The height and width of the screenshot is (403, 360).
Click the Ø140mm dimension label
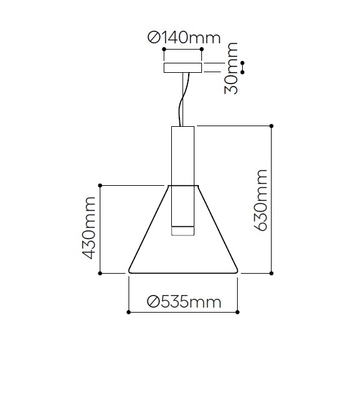pyautogui.click(x=184, y=38)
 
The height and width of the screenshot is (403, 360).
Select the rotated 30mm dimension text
pyautogui.click(x=233, y=68)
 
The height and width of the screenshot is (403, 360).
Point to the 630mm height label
pyautogui.click(x=261, y=200)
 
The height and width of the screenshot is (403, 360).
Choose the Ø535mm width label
pyautogui.click(x=184, y=302)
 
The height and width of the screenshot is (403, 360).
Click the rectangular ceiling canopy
pyautogui.click(x=183, y=68)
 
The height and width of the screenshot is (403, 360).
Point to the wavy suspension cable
pyautogui.click(x=183, y=100)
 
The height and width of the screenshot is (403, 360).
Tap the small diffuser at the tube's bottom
pyautogui.click(x=183, y=230)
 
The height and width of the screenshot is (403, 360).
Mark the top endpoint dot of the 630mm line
pyautogui.click(x=271, y=126)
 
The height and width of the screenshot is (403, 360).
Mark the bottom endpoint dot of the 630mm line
pyautogui.click(x=271, y=274)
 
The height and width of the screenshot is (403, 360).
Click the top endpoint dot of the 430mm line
pyautogui.click(x=100, y=185)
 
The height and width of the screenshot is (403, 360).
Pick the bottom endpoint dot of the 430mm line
pyautogui.click(x=100, y=274)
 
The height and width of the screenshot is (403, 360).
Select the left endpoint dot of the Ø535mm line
pyautogui.click(x=128, y=311)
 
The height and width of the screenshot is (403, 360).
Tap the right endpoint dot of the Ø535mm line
pyautogui.click(x=238, y=311)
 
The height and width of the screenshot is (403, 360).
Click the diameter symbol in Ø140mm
pyautogui.click(x=154, y=38)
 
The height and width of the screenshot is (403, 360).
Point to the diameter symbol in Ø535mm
pyautogui.click(x=153, y=302)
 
